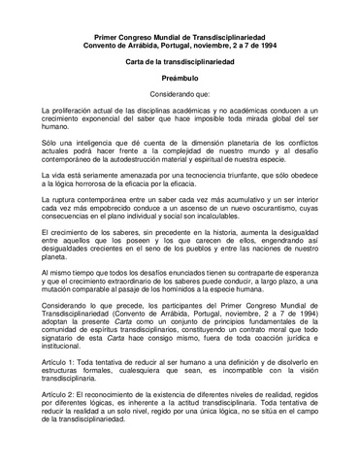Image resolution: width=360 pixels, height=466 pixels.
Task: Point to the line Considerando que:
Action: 180,95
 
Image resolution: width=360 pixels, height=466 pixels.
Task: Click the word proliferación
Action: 81,116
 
